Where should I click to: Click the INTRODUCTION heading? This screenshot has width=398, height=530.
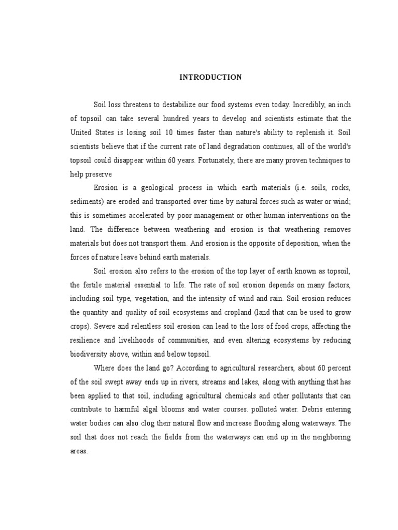210,78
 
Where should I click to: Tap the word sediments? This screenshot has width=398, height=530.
86,201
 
